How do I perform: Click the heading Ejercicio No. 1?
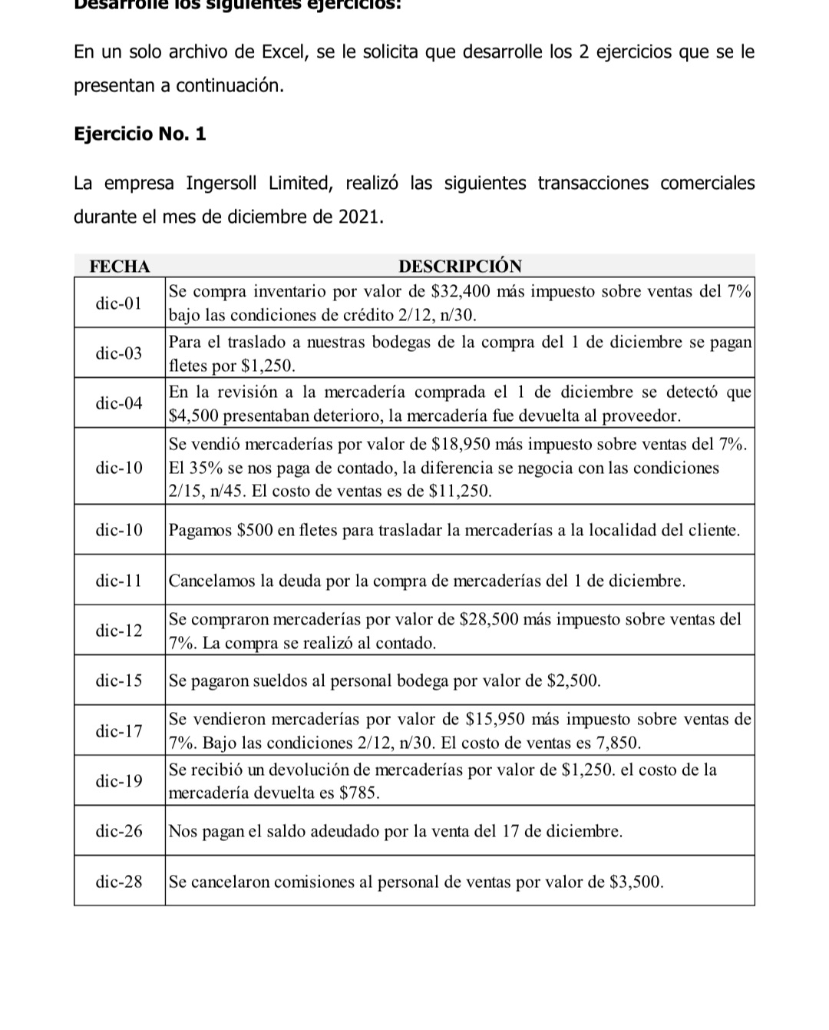[x=140, y=134]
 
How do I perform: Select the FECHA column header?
[x=120, y=267]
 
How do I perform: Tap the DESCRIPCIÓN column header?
[x=460, y=267]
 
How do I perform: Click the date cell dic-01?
[x=119, y=303]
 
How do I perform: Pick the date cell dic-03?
[x=119, y=353]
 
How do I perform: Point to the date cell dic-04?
[x=119, y=403]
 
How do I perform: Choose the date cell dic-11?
[x=119, y=581]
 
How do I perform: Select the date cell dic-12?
[x=119, y=631]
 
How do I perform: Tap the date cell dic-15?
[x=119, y=681]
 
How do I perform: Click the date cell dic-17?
[x=119, y=731]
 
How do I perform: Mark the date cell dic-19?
[x=119, y=781]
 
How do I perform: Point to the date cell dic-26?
[x=119, y=831]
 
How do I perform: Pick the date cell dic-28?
[x=119, y=882]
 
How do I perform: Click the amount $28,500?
[x=490, y=619]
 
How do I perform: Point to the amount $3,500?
[x=635, y=882]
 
